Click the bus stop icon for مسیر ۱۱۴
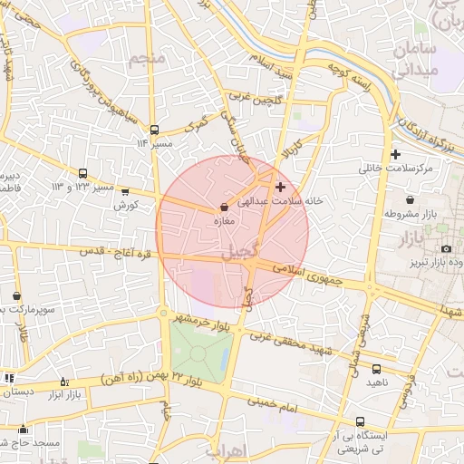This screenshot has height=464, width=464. point(154,130)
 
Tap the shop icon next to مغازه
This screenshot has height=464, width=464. point(223,207)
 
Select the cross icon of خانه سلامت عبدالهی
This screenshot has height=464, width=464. point(279,187)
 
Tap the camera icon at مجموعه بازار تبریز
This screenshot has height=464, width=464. point(446,248)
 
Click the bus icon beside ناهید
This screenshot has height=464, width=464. point(376,369)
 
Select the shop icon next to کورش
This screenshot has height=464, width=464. point(124,191)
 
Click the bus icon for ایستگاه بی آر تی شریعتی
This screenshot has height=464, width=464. point(361,421)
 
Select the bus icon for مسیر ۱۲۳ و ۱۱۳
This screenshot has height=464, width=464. point(82,173)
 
